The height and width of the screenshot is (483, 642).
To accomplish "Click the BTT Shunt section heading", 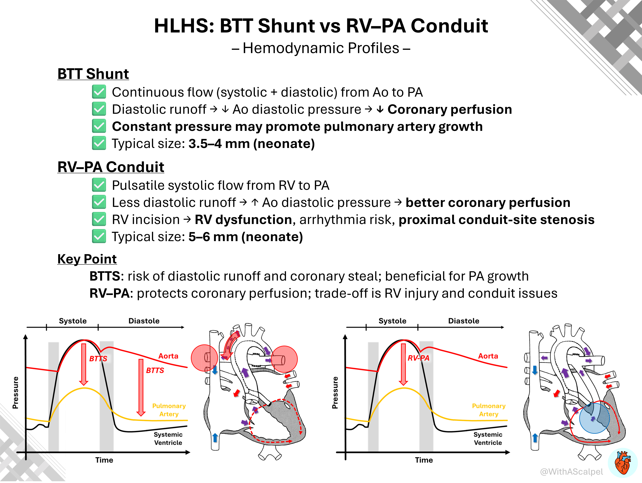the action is (x=93, y=74).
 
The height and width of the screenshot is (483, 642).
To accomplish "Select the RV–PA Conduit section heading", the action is (x=111, y=167).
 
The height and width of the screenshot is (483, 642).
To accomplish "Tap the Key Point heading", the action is (x=87, y=259).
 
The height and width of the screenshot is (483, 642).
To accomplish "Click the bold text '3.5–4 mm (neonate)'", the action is (x=252, y=143).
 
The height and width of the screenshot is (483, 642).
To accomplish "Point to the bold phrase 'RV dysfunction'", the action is (x=243, y=220).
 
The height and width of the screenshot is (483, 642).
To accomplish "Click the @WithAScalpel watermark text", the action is (x=571, y=472).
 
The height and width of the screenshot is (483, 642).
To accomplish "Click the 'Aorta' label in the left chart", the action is (x=168, y=356).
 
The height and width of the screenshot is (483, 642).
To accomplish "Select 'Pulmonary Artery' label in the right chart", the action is (x=489, y=410).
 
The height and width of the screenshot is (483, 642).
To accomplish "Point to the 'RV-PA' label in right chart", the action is (x=418, y=358).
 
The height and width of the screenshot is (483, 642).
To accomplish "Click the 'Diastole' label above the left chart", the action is (x=144, y=321).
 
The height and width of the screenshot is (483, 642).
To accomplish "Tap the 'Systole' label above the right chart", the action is (x=392, y=321).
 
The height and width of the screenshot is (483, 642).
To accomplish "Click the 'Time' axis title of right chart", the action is (x=424, y=460).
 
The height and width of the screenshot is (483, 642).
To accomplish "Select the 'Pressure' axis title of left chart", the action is (x=16, y=393).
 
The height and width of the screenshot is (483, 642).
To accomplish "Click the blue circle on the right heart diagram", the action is (x=594, y=418).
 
